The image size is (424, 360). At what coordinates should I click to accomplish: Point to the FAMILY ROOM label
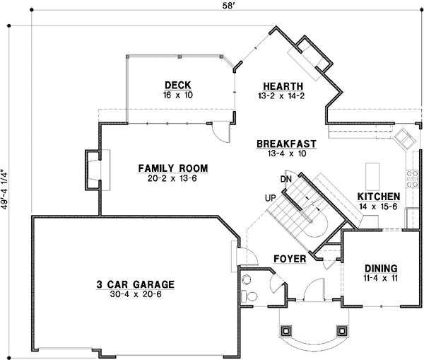tap(172, 168)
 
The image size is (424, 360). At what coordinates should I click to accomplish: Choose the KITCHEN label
tap(379, 196)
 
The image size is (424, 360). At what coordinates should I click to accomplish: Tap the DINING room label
tap(381, 269)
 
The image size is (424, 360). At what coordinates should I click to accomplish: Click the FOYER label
tap(290, 259)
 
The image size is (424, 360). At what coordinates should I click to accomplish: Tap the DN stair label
tap(285, 180)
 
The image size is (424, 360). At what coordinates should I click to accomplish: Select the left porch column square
tap(287, 330)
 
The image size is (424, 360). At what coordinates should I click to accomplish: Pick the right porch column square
tap(343, 330)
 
